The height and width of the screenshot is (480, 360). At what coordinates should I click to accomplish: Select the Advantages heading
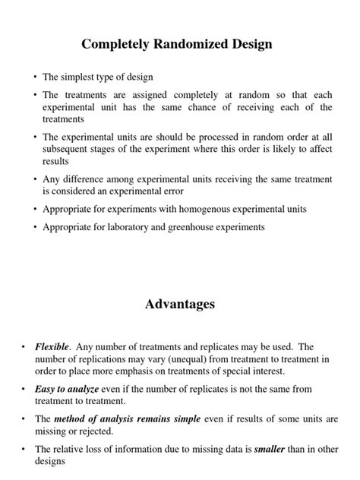tap(180, 304)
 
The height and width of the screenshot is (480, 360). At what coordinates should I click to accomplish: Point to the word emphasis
tap(125, 371)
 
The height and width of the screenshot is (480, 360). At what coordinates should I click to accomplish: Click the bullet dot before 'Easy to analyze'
tap(24, 389)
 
